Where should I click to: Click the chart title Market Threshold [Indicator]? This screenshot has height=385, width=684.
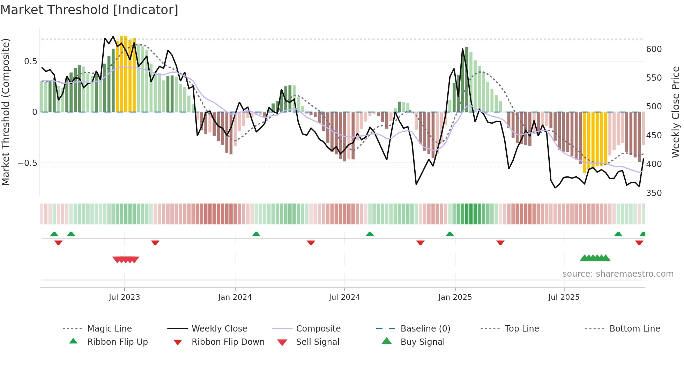89,10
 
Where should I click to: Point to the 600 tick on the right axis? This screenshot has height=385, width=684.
654,49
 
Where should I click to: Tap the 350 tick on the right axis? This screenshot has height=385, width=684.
654,193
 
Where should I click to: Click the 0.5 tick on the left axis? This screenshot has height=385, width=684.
30,61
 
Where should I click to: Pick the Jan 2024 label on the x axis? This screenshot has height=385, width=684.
235,297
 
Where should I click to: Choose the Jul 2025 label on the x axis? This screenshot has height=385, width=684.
564,297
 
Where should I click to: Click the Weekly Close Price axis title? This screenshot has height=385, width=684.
676,112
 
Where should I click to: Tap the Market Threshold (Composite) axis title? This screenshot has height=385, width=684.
6,112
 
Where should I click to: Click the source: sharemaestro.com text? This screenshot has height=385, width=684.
618,274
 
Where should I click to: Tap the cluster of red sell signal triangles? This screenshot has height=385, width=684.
126,260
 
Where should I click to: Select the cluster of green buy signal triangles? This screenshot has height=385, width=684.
595,258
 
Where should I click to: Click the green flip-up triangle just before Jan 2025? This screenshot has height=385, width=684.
450,234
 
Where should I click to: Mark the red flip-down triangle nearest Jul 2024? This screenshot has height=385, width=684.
311,242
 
